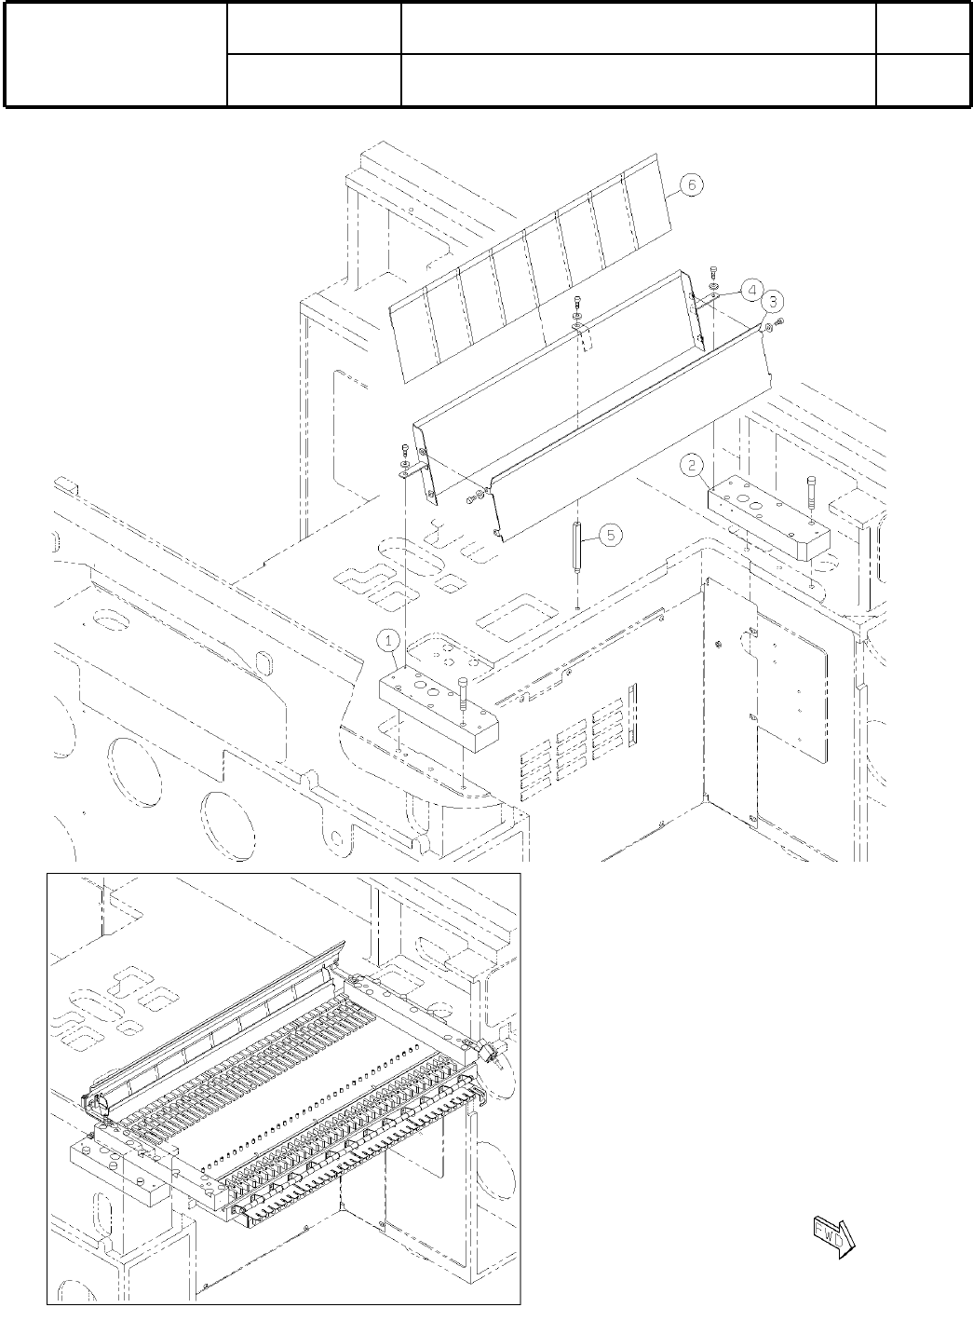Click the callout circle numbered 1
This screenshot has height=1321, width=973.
point(389,639)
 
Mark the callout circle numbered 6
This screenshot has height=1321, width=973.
point(690,185)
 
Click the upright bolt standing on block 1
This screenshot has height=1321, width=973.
point(463,693)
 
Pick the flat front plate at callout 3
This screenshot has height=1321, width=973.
point(633,429)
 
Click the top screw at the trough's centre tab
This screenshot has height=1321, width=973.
point(578,302)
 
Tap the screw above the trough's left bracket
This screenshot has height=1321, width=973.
point(404,449)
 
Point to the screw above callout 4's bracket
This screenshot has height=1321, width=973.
point(713,271)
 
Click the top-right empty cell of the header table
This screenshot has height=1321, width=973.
point(920,28)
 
